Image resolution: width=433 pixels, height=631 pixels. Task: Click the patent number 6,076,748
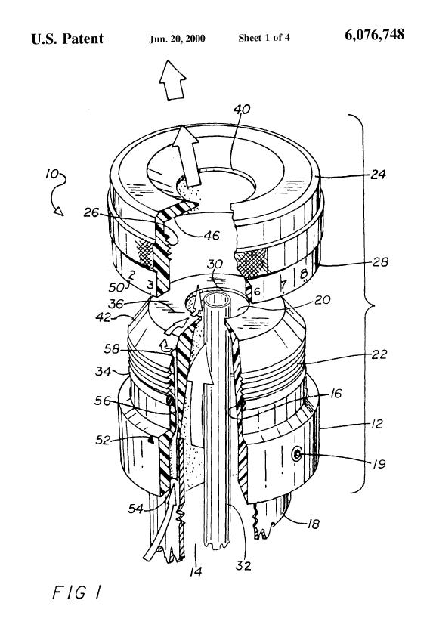pos(374,35)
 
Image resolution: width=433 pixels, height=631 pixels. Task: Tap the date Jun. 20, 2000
pos(177,39)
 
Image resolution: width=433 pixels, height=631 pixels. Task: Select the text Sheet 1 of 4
pos(264,38)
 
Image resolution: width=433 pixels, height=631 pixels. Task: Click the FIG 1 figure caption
pos(76,592)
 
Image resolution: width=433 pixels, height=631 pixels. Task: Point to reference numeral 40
pos(243,109)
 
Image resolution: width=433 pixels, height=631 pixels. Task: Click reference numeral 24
pos(378,175)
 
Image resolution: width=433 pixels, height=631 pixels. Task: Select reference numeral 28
pos(379,262)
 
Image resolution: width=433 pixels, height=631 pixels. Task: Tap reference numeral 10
pos(52,175)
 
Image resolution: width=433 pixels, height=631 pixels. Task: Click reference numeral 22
pos(379,354)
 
